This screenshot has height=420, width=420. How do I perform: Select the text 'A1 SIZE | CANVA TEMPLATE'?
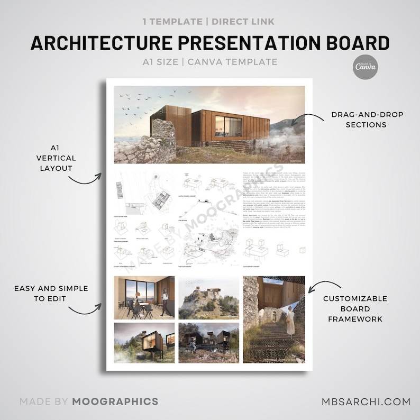(x=209, y=62)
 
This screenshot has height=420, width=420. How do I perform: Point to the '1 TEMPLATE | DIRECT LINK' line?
(x=209, y=22)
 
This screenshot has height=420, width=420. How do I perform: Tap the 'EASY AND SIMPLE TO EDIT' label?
(x=51, y=294)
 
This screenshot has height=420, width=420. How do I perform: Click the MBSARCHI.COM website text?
(x=359, y=401)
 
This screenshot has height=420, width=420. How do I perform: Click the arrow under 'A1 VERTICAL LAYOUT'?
(x=87, y=178)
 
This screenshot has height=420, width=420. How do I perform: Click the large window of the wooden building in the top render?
(x=233, y=128)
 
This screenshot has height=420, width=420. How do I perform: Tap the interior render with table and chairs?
(x=144, y=297)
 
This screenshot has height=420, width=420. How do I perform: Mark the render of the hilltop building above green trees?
(x=209, y=297)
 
